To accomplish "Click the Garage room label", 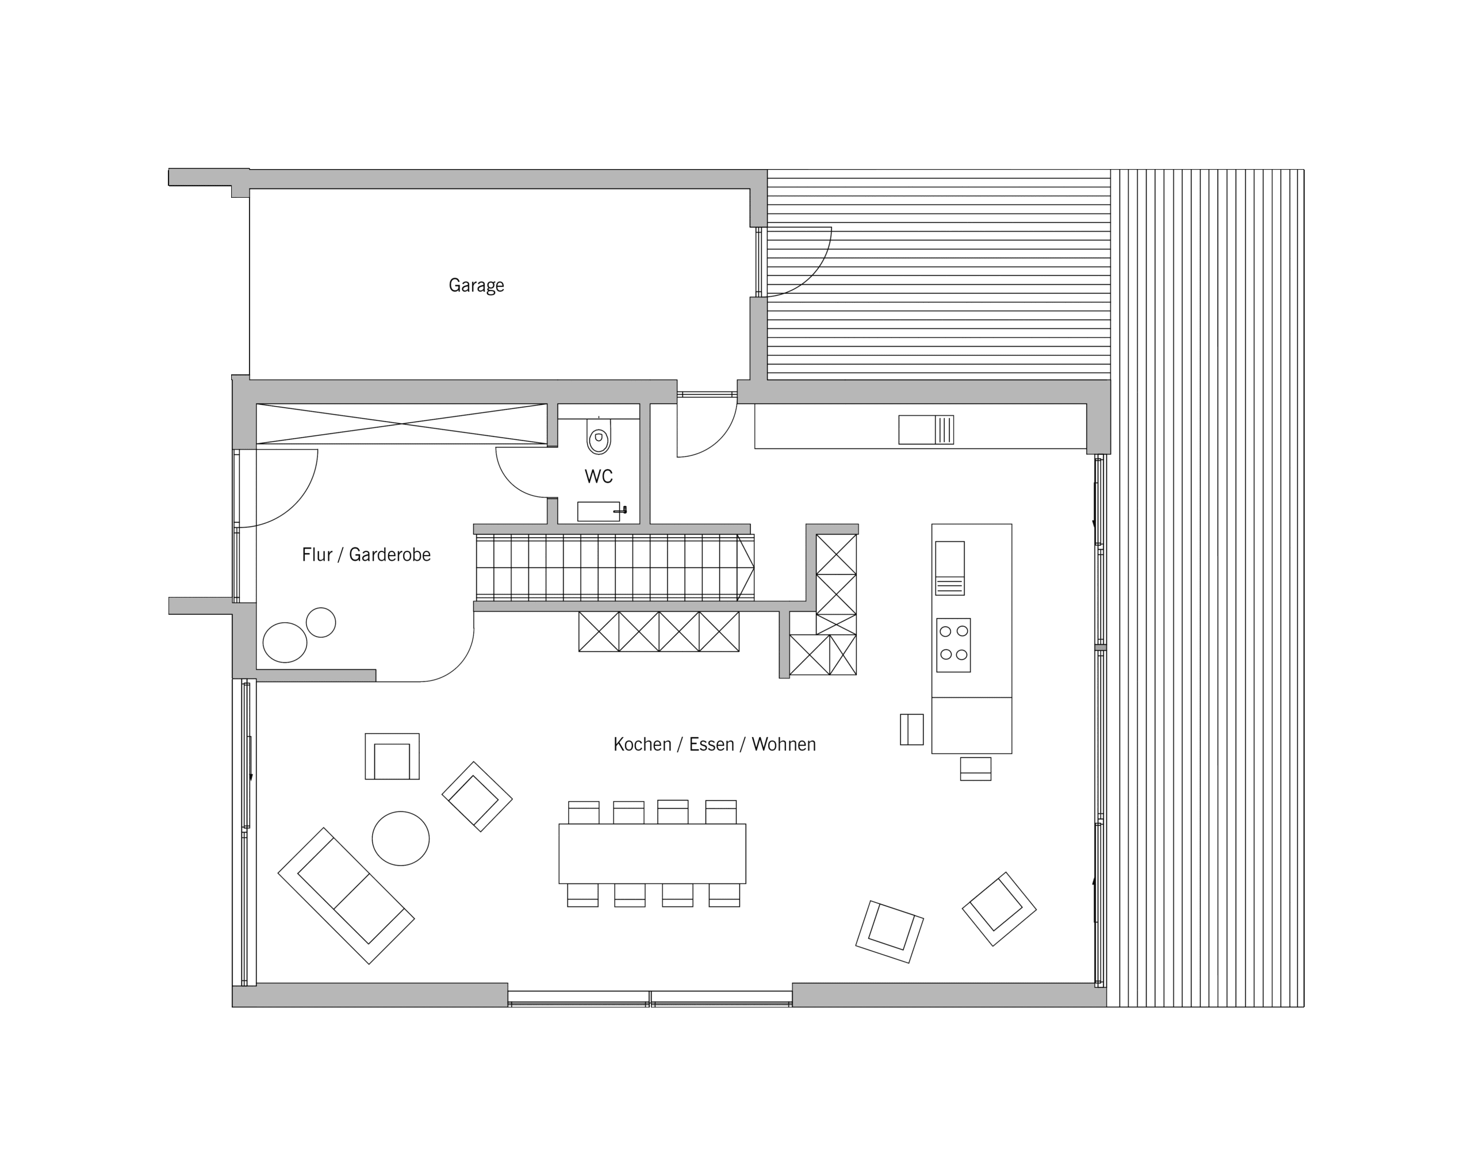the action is [x=476, y=285].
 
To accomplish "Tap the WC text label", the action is [x=598, y=476].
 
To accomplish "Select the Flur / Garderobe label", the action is [x=366, y=554].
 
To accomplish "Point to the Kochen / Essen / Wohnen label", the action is [x=714, y=744].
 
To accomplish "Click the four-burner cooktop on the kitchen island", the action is [x=953, y=645].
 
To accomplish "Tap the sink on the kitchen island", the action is [x=950, y=568].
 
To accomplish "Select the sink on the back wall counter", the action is [x=926, y=430].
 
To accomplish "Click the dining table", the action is [x=652, y=853].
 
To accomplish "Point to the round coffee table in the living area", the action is [x=401, y=838].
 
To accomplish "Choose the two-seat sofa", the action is [x=346, y=896].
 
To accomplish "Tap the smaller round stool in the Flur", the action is [x=321, y=622].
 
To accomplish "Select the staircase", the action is [x=615, y=568].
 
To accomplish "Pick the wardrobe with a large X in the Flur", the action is [x=401, y=424].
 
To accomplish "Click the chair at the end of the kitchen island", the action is [x=976, y=768].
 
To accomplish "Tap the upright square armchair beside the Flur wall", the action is [x=392, y=756].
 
